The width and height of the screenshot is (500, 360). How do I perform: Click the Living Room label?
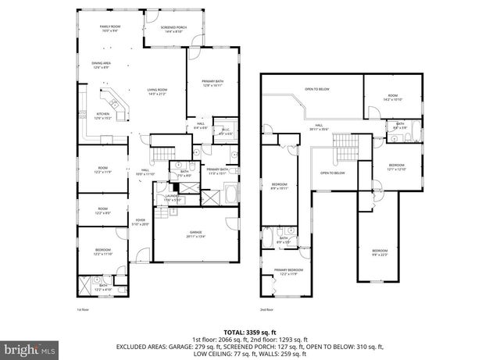pos(158,91)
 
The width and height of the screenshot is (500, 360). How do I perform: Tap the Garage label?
pos(196,234)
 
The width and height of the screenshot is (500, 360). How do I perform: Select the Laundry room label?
pos(172,198)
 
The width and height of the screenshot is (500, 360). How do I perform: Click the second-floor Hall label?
pos(320,127)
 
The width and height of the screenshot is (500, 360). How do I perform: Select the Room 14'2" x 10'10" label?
pos(392,98)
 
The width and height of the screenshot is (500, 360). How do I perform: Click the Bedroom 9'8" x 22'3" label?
pos(380,251)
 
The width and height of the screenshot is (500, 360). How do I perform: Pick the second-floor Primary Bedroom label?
pos(288,272)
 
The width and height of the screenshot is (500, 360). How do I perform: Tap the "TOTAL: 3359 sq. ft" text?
pos(250,331)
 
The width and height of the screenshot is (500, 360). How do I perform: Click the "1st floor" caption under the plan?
pos(82,309)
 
